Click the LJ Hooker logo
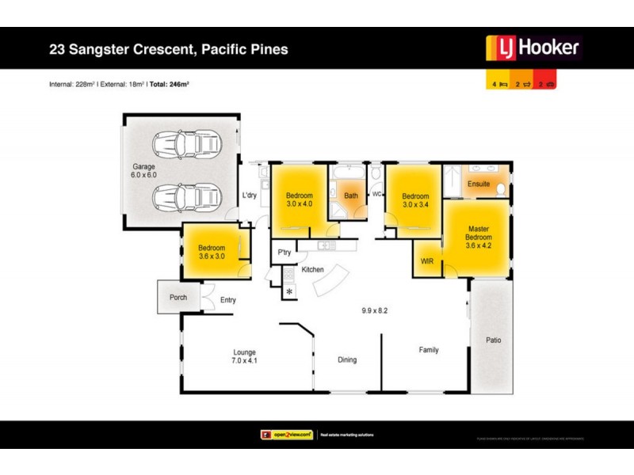533,48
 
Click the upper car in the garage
189,145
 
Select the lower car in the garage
189,195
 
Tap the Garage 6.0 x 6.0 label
144,171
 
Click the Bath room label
351,195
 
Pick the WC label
377,193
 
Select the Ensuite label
479,184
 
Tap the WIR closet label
426,261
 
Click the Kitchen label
313,270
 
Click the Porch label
178,298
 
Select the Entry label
228,300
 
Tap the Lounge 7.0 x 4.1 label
245,357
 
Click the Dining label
347,359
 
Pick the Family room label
429,350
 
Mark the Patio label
492,340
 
